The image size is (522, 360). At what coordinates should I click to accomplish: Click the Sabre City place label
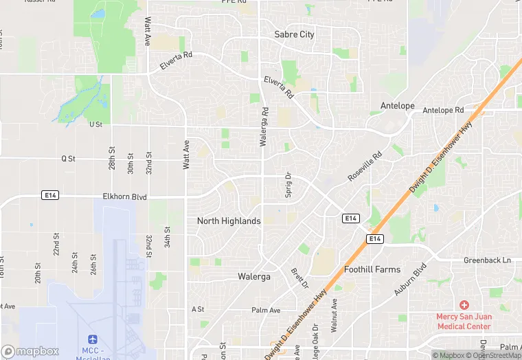(x=294, y=34)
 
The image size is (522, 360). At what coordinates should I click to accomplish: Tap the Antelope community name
(x=398, y=106)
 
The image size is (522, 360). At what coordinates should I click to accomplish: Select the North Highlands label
(x=229, y=221)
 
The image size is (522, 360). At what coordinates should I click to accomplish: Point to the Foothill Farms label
(x=372, y=269)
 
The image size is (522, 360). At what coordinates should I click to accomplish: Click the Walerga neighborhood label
(x=253, y=276)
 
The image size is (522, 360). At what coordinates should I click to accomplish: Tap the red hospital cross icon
(x=464, y=304)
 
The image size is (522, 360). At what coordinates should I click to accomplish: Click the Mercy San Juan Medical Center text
(x=464, y=321)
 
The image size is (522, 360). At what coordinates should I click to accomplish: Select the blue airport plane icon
(x=93, y=339)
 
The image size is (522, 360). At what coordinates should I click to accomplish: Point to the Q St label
(x=67, y=158)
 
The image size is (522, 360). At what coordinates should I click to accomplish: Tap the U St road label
(x=95, y=124)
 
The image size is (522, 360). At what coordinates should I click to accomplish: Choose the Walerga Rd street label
(x=263, y=127)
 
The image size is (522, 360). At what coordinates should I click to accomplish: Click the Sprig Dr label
(x=288, y=185)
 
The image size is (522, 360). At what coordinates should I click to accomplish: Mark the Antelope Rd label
(x=443, y=110)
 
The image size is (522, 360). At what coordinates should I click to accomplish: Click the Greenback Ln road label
(x=487, y=260)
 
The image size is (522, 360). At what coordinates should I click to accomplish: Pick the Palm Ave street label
(x=266, y=311)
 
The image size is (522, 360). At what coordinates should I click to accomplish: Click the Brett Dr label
(x=297, y=278)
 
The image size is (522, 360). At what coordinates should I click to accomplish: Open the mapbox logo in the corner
(x=30, y=352)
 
